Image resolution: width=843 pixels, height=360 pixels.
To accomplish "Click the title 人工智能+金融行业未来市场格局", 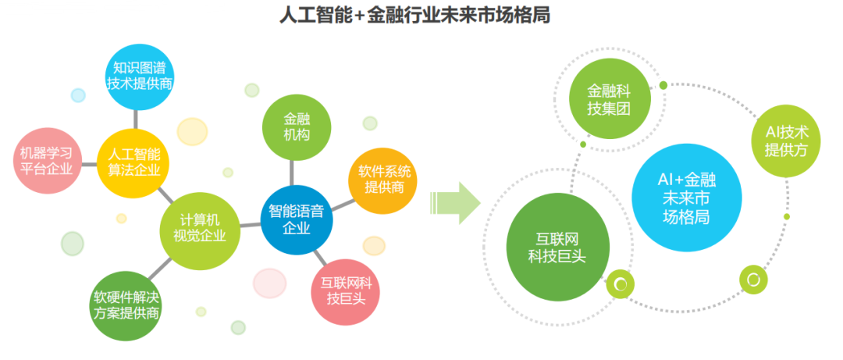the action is click(x=414, y=16).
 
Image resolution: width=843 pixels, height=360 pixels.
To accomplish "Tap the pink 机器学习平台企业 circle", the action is click(x=46, y=160).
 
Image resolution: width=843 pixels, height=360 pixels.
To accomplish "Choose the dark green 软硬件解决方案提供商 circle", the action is click(x=126, y=305).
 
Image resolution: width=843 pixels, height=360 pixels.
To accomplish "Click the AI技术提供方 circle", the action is click(x=786, y=141).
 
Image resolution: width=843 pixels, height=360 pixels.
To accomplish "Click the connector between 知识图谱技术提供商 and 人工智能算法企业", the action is click(x=135, y=119).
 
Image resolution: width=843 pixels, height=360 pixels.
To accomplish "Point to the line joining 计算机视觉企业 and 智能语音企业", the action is click(x=250, y=224).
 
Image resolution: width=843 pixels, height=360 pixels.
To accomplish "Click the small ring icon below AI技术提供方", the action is click(x=753, y=280).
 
